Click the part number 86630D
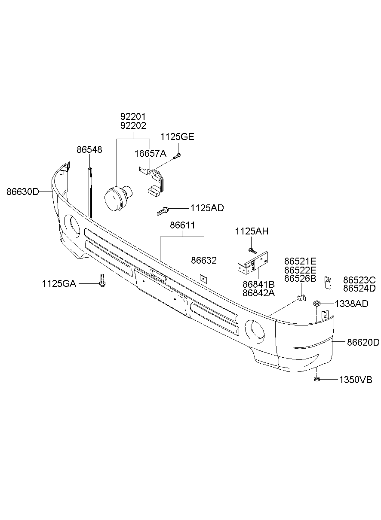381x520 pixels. point(22,192)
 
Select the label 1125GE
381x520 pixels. point(177,137)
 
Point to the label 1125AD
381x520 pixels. point(207,208)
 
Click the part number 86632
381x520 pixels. point(204,261)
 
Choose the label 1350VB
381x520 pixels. point(355,380)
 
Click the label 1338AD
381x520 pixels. point(351,304)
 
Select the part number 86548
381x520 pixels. point(89,149)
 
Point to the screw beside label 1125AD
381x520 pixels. point(163,211)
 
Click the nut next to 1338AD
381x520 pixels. point(316,304)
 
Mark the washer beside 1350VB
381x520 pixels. point(316,379)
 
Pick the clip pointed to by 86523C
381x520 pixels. point(327,281)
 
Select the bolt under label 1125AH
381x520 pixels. point(252,250)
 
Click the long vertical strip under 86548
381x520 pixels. point(90,193)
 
